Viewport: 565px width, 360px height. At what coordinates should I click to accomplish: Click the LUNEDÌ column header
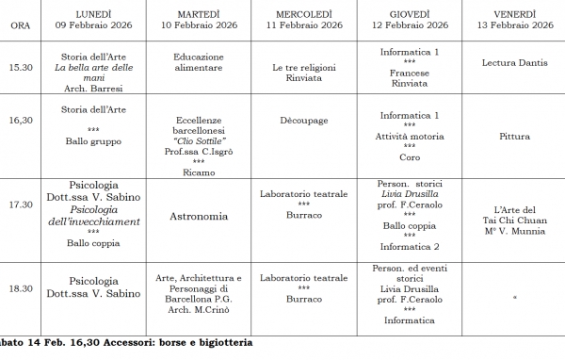(x=93, y=12)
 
